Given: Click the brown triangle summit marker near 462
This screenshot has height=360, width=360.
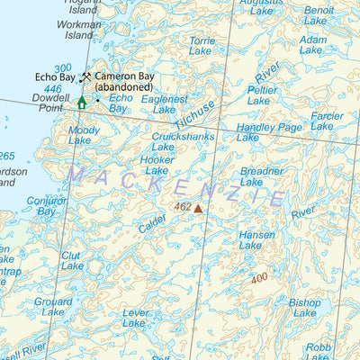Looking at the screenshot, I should tap(198, 208).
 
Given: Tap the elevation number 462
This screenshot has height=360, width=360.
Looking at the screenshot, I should tap(183, 207).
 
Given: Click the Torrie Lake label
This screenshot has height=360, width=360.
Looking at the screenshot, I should tap(202, 47).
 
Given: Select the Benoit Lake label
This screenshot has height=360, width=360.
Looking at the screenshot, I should tap(319, 15).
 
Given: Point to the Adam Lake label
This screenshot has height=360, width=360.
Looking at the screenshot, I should tap(312, 45).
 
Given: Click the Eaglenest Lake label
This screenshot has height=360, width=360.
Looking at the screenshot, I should tap(165, 103).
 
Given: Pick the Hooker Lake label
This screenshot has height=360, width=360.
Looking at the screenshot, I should tap(157, 165).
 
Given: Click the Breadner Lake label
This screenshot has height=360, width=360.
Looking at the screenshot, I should tap(262, 175).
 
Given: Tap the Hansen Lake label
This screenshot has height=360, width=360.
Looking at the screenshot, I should tap(256, 239).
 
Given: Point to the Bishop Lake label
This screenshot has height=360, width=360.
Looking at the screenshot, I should tap(304, 308).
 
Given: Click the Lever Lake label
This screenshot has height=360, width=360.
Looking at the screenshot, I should tap(134, 317).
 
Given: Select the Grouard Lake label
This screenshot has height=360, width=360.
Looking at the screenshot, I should tap(53, 307).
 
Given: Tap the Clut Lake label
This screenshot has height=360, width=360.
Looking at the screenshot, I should tap(72, 261).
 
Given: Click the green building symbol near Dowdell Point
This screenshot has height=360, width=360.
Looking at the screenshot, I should tap(81, 103).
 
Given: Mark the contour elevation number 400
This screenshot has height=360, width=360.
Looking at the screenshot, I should tap(259, 278).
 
